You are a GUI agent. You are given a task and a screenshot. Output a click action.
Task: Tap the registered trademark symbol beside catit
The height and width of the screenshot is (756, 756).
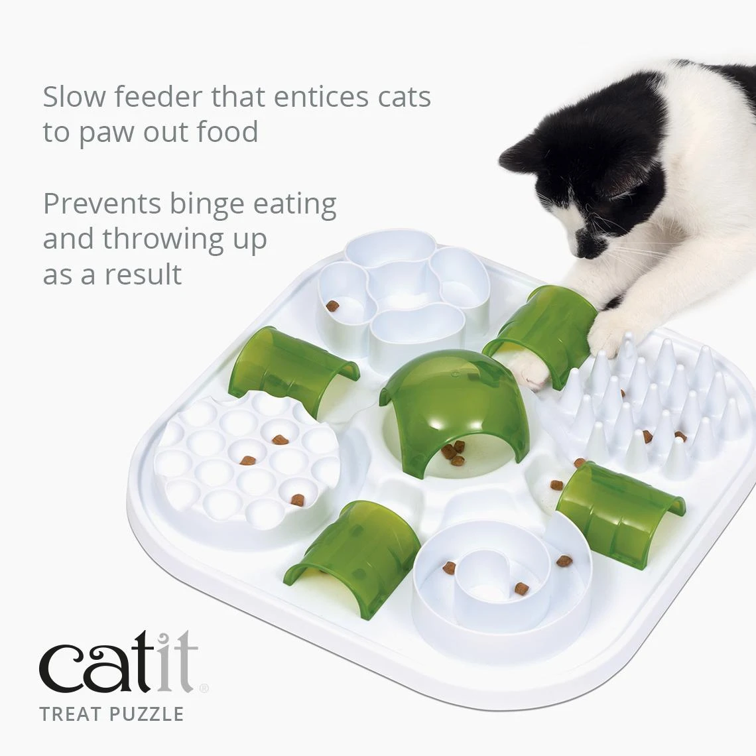click(204, 688)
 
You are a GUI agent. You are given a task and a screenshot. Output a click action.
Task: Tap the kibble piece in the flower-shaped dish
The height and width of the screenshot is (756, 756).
click(332, 305)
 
